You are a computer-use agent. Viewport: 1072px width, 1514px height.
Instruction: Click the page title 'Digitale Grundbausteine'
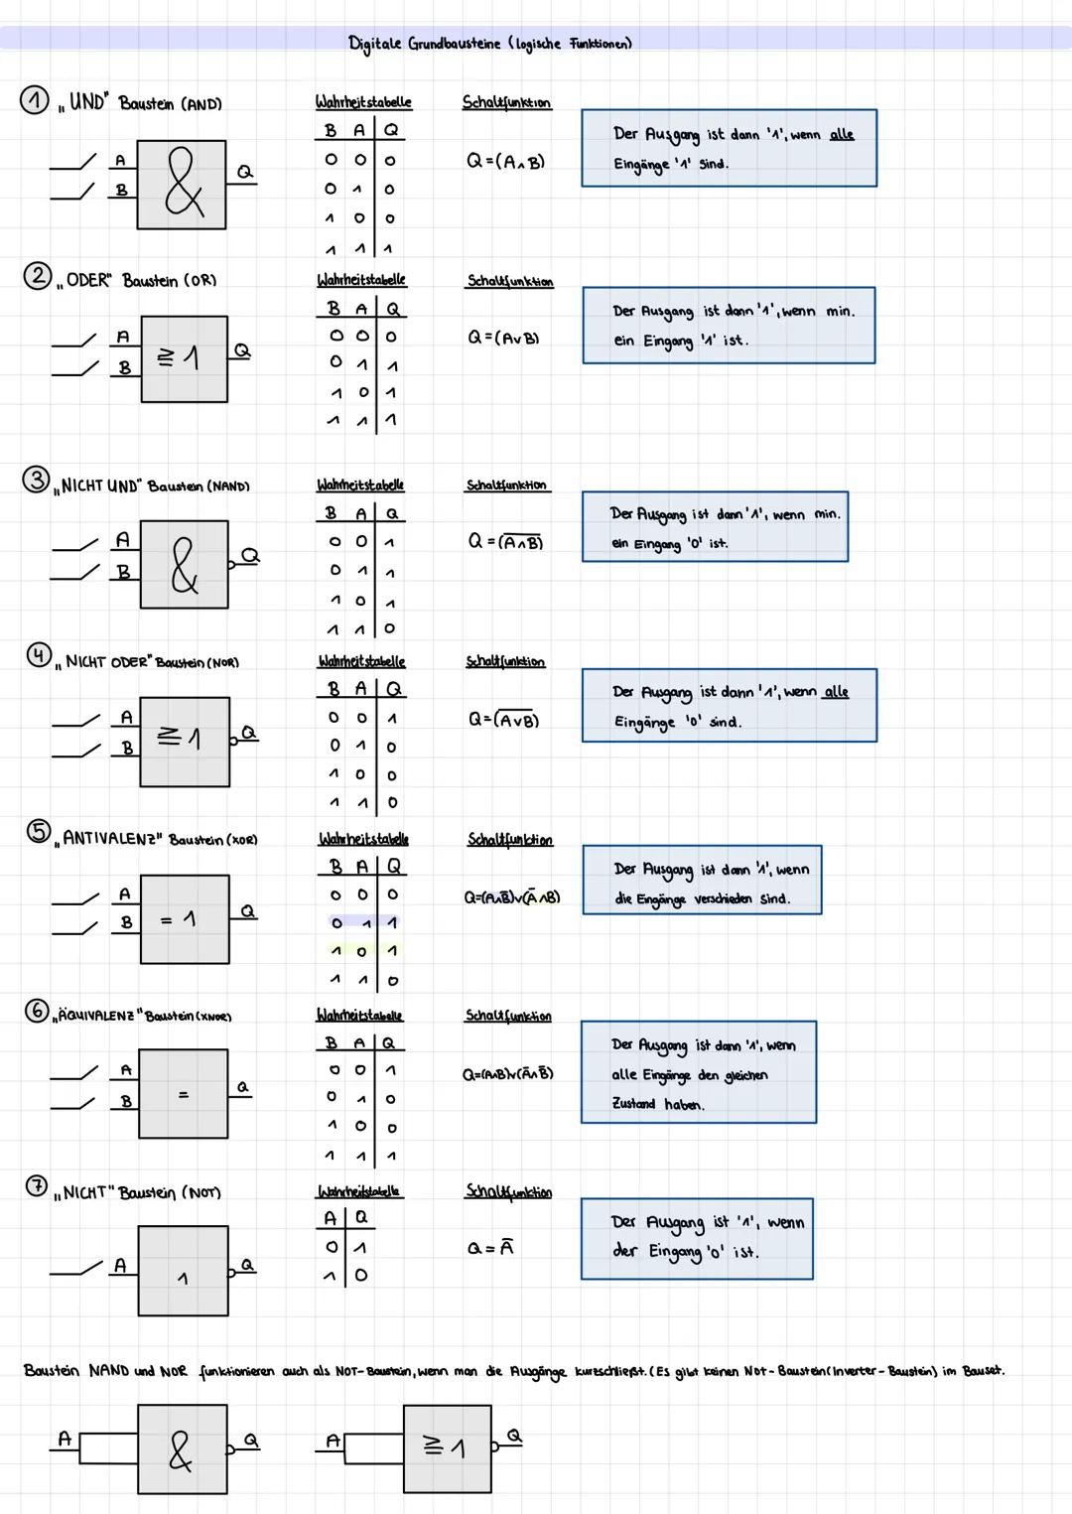pos(425,45)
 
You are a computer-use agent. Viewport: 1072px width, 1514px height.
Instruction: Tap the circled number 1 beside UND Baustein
pos(35,101)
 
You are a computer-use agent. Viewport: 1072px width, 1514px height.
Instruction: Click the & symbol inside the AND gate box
pos(184,185)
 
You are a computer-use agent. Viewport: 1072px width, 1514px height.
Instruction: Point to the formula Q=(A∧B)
pos(506,161)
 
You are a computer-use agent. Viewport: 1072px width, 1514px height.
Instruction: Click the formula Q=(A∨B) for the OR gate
pos(503,338)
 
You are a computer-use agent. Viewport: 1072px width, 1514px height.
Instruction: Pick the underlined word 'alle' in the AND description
pos(841,134)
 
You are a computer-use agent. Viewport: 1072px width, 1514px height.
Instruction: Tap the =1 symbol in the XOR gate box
pos(178,920)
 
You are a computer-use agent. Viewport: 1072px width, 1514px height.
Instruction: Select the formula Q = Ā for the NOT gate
pos(490,1249)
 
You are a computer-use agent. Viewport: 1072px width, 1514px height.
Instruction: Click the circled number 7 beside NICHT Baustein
pos(35,1186)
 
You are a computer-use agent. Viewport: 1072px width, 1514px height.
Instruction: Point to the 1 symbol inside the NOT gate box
pos(182,1280)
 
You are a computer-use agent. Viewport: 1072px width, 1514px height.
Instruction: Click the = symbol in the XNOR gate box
pos(183,1095)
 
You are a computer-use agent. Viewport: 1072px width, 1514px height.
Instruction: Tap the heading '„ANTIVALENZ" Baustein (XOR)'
pos(159,839)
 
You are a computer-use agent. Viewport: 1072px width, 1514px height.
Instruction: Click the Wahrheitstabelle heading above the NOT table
pos(359,1191)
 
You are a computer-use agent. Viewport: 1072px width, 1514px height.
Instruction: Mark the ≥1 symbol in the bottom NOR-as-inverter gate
pos(444,1448)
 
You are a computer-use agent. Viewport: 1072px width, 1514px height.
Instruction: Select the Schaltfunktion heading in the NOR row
pos(505,662)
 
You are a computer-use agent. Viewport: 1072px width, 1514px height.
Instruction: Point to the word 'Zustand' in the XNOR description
pos(633,1104)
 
